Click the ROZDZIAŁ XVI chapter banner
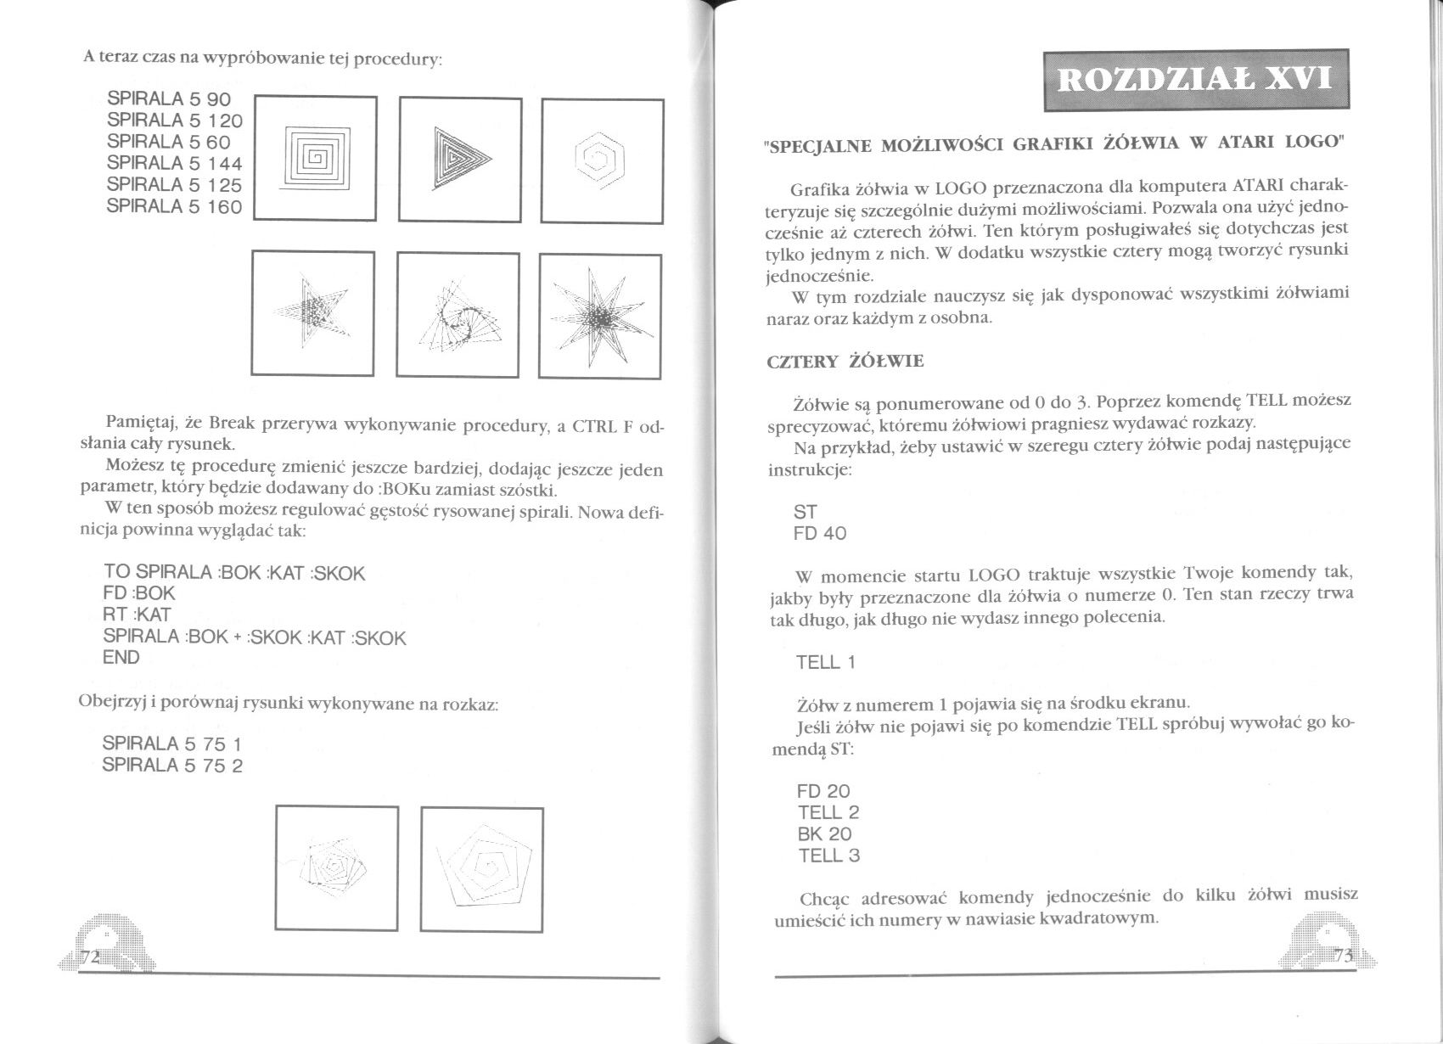click(1196, 81)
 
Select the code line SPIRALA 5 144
click(175, 164)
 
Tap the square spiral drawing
click(315, 158)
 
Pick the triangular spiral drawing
click(460, 159)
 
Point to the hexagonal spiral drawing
click(602, 159)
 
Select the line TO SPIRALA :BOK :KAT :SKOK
click(234, 573)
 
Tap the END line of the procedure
click(121, 658)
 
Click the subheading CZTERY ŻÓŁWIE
click(845, 362)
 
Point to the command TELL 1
click(826, 663)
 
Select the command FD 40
click(820, 534)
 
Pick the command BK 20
click(824, 834)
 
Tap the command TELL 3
click(829, 856)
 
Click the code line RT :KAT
click(138, 615)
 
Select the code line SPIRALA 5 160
click(175, 207)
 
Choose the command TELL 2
click(828, 813)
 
